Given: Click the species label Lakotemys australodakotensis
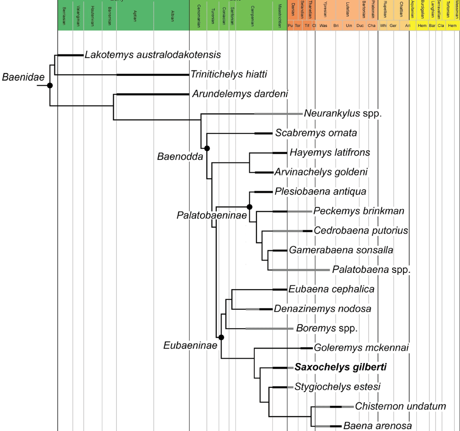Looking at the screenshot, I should click(x=153, y=55).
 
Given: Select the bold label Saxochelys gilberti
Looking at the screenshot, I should click(x=341, y=367).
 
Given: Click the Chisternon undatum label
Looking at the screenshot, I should click(x=400, y=406).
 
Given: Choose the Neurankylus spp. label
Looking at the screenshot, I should click(x=343, y=113).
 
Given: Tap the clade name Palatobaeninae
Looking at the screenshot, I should click(x=212, y=215).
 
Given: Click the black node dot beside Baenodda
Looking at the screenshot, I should click(x=207, y=148).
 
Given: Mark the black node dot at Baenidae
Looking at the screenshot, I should click(x=50, y=85).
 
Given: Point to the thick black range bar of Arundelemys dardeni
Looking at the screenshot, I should click(x=152, y=94).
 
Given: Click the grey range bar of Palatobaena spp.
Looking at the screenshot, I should click(x=301, y=270).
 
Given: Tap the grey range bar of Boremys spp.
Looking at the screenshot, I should click(x=270, y=328).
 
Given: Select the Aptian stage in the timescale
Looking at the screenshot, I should click(x=135, y=14).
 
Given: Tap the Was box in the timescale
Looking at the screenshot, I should click(x=323, y=26).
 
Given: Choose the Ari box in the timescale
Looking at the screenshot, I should click(x=407, y=26).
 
